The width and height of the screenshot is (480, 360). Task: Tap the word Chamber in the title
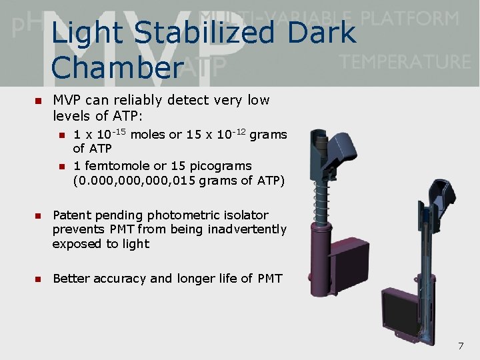pos(117,67)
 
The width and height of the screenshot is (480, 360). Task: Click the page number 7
pos(460,345)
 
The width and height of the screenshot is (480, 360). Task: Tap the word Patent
pos(71,215)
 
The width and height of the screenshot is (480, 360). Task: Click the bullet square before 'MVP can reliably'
pos(37,101)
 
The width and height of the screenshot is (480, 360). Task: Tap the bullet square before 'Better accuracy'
pos(37,279)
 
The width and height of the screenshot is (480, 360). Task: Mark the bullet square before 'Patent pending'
pos(37,216)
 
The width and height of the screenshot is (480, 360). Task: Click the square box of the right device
pos(402,313)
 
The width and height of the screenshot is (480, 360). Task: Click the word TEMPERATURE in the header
pos(405,62)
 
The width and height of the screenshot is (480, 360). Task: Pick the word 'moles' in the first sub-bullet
pos(148,135)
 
